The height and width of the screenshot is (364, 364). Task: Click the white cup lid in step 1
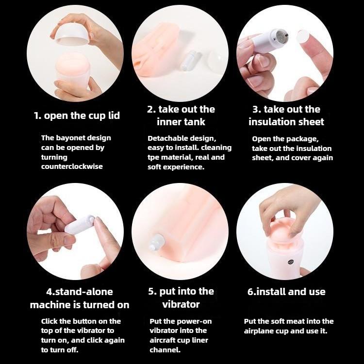point(71,37)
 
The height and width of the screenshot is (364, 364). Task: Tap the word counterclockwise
point(72,166)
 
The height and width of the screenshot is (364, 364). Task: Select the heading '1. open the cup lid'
point(77,116)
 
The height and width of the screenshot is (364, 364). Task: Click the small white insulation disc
point(303,37)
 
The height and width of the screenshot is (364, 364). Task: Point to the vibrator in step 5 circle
point(156,242)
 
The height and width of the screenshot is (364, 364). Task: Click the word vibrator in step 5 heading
point(181,304)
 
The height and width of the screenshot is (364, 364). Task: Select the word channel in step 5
point(165,350)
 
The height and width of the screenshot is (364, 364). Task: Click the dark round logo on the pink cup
point(291,262)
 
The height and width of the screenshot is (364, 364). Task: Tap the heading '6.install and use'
point(286,292)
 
